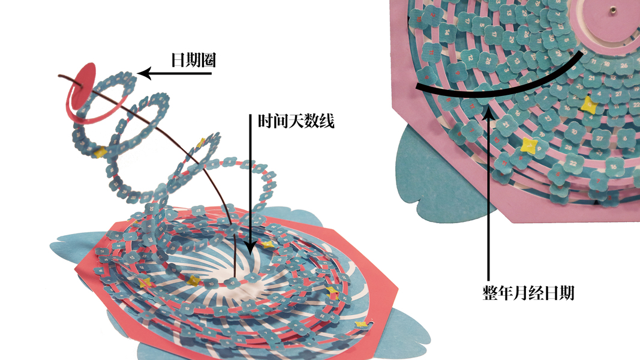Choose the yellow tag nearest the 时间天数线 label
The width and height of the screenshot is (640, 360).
(201, 142)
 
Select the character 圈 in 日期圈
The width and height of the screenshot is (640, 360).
(207, 60)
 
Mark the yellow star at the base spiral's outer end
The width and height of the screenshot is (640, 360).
(362, 325)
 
